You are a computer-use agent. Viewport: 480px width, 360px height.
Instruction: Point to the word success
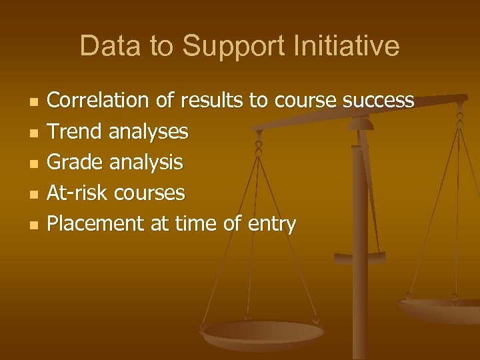tap(378, 101)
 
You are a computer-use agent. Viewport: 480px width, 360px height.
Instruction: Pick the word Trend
tap(75, 131)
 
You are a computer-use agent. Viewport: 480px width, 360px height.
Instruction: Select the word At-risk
tap(78, 193)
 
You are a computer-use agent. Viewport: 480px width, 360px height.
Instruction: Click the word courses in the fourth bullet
tap(149, 193)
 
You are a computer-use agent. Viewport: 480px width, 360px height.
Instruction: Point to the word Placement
tap(97, 223)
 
